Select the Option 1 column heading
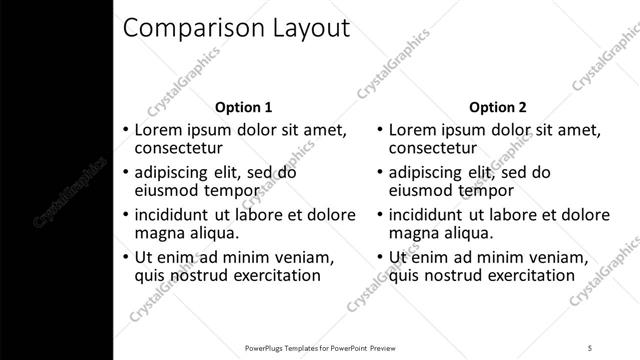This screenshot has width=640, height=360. pos(243,107)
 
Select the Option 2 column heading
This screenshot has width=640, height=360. pos(497,107)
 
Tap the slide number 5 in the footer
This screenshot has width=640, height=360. pos(591,348)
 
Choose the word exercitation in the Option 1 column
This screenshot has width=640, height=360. pos(272,275)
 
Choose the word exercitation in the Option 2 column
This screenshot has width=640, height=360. pos(526,275)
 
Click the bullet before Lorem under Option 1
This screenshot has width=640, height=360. pos(126,131)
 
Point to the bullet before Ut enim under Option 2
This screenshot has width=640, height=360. pos(380,257)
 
